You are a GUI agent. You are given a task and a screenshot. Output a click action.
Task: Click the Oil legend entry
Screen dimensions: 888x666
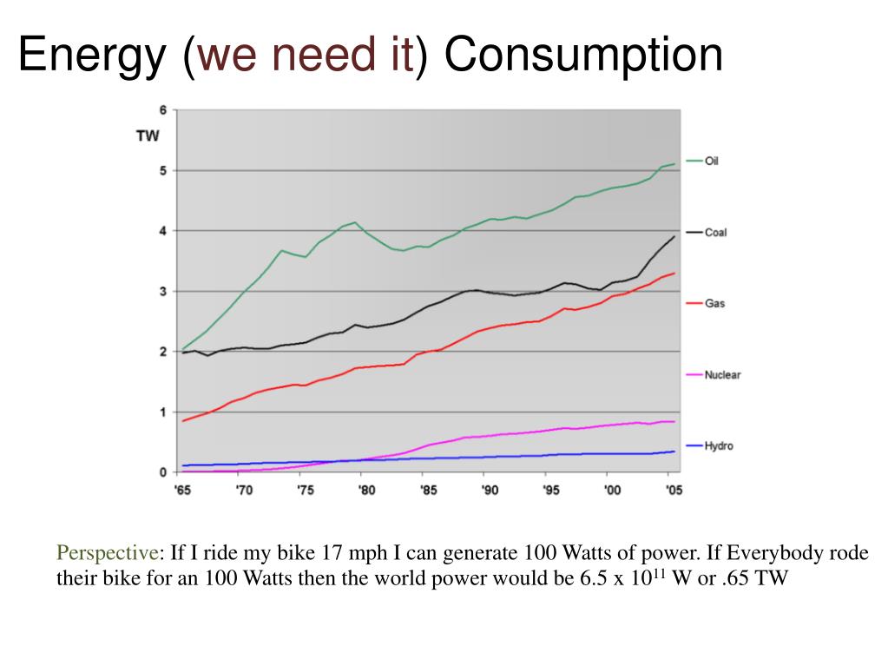(702, 161)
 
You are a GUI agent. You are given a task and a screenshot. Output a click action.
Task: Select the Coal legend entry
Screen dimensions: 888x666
(707, 232)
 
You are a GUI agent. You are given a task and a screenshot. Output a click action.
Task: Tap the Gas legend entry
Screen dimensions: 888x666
(706, 304)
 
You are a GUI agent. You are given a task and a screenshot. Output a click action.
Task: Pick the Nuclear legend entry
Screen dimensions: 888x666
(713, 375)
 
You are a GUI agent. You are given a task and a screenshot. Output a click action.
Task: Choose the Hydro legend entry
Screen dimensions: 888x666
(709, 446)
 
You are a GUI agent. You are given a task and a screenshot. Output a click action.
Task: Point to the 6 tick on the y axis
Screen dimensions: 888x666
(163, 110)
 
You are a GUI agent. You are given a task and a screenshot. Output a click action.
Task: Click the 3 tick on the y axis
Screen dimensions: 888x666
(163, 292)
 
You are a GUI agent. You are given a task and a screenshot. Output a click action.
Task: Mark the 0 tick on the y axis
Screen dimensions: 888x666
(163, 472)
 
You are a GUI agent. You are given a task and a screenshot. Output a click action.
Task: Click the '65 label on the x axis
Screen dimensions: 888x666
(182, 490)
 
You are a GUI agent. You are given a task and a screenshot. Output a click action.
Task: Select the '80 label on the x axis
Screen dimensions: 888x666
(366, 490)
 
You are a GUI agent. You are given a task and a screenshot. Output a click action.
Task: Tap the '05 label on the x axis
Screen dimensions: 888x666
(674, 490)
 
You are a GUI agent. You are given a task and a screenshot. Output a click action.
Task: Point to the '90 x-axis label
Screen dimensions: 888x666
(490, 490)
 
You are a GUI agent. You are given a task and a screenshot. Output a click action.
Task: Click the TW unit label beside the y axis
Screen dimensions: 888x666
(148, 136)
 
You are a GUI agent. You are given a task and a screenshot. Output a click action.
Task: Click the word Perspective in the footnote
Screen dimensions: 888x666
(107, 553)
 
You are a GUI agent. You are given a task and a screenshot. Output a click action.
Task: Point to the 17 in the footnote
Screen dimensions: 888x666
(332, 552)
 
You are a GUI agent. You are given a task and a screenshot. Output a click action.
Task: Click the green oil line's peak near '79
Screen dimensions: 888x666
(355, 222)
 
